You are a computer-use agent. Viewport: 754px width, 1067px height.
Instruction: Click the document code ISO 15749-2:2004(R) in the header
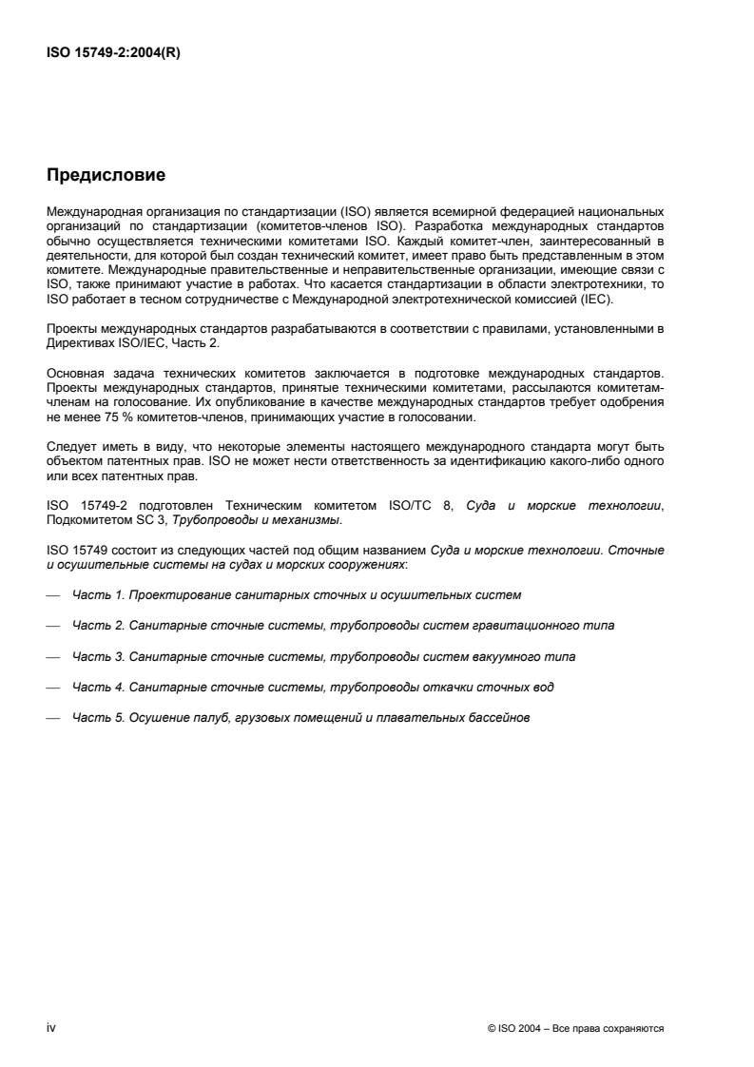(113, 53)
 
